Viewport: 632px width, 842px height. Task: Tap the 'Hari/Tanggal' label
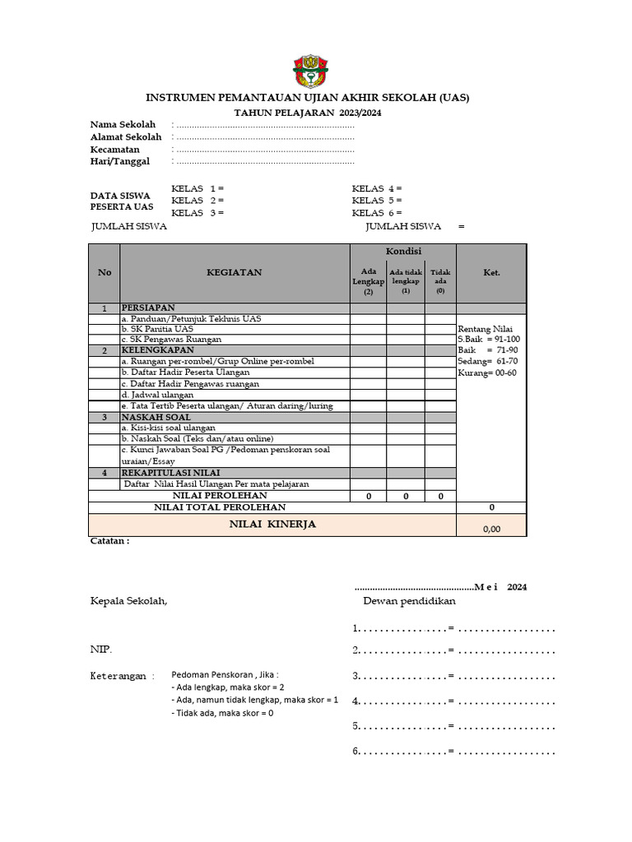[120, 162]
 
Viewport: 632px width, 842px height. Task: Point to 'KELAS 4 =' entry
[377, 188]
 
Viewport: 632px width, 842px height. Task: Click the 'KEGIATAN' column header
[235, 272]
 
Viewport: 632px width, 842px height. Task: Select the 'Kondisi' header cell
[403, 251]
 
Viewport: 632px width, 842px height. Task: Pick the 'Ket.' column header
[491, 272]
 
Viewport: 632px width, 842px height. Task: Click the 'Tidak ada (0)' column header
[440, 280]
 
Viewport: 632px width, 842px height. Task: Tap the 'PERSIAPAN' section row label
[148, 308]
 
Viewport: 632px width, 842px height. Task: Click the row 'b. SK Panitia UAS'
[157, 329]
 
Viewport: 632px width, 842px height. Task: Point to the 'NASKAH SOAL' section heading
[156, 417]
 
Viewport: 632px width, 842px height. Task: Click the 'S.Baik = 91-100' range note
[489, 339]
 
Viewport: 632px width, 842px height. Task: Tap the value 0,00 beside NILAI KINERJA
[491, 529]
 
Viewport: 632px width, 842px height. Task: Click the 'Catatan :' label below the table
[109, 541]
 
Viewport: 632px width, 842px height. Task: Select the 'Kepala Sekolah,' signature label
[128, 601]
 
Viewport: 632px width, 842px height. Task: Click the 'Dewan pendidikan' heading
[409, 601]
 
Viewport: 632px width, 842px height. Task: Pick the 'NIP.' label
[101, 650]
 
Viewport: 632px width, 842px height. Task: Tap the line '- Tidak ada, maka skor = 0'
[222, 713]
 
